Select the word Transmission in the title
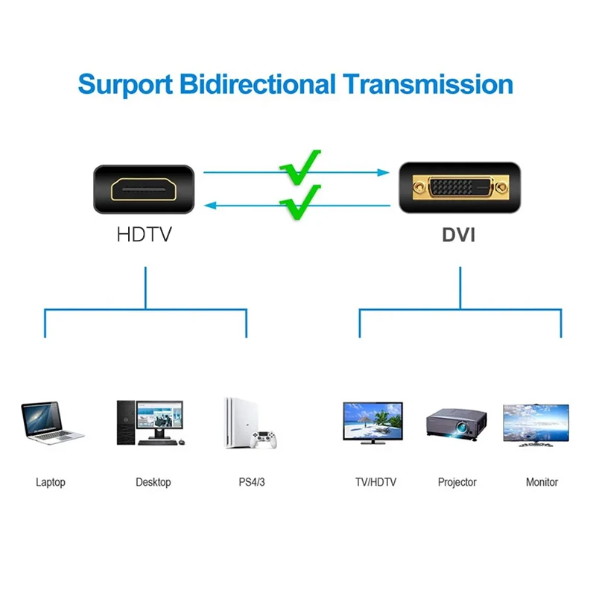click(428, 83)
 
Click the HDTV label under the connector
click(144, 235)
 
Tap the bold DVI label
click(458, 235)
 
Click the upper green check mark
click(300, 166)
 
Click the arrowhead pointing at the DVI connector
click(384, 173)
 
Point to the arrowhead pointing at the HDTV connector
click(209, 205)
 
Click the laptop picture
click(51, 422)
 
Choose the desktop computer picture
click(149, 422)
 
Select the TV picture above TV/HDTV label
click(372, 422)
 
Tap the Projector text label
click(457, 482)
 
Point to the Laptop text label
click(51, 482)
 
